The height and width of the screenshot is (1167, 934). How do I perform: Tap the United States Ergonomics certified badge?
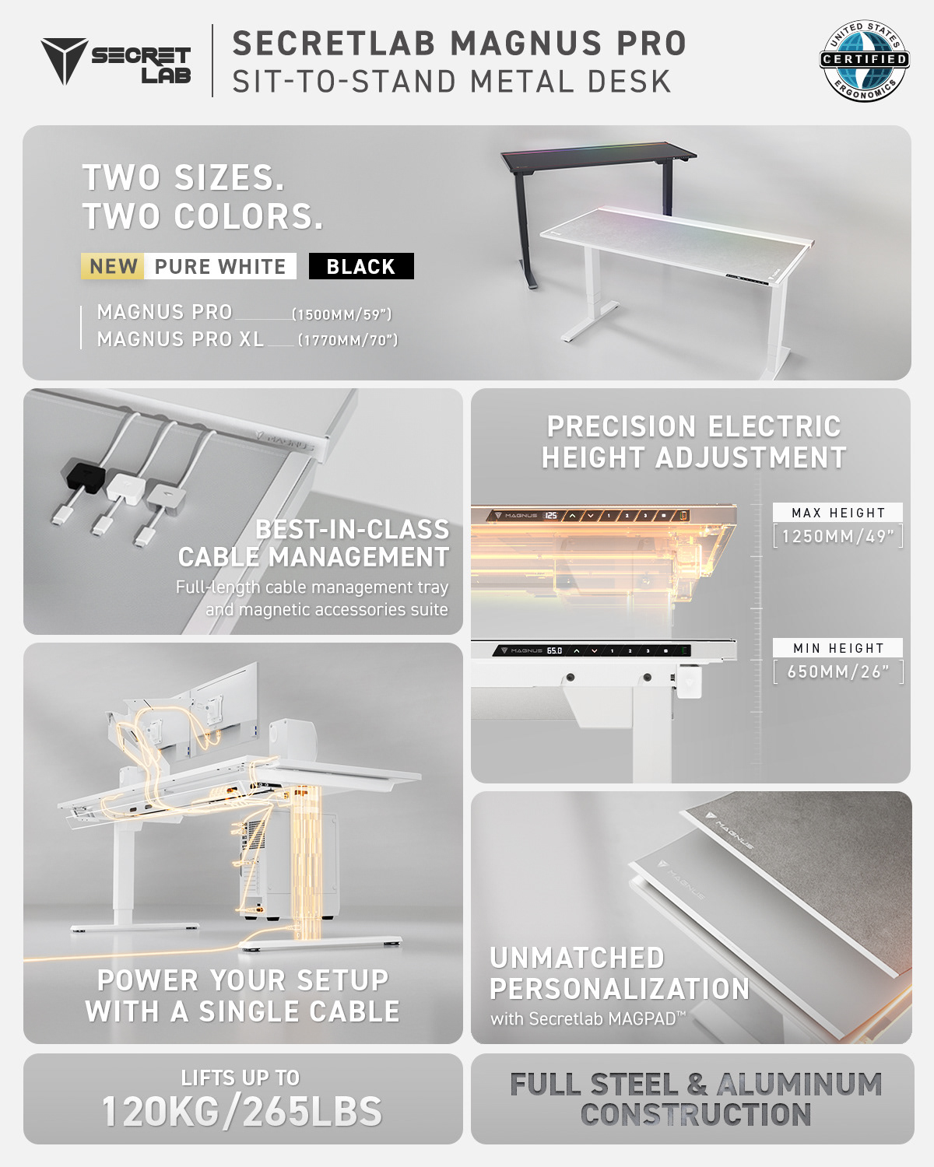tap(864, 60)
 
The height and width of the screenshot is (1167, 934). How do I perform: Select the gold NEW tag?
tap(112, 266)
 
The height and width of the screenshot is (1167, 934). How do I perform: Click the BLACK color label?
tap(361, 266)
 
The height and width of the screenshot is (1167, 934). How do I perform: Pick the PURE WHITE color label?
tap(220, 266)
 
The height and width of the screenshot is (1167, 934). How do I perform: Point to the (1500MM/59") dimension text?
tap(342, 314)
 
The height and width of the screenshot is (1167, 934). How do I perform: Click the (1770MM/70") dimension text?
tap(348, 340)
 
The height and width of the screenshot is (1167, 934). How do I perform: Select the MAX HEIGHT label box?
tap(837, 513)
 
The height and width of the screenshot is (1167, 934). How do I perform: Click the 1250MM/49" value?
tap(838, 536)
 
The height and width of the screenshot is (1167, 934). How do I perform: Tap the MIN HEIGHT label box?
tap(837, 647)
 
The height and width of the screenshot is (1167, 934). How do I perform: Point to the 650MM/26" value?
tap(838, 671)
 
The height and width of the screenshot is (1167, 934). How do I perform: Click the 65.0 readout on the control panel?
tap(554, 650)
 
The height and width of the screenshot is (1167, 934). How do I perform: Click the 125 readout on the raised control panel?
tap(551, 515)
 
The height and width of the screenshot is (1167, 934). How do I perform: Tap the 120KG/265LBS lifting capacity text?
tap(242, 1111)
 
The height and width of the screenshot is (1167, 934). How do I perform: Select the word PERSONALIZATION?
tap(620, 989)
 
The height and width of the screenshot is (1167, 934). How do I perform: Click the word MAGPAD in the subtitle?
tap(642, 1019)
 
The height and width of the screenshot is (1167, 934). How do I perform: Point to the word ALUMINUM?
tap(799, 1084)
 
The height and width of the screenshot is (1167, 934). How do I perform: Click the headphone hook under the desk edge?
tap(689, 681)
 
